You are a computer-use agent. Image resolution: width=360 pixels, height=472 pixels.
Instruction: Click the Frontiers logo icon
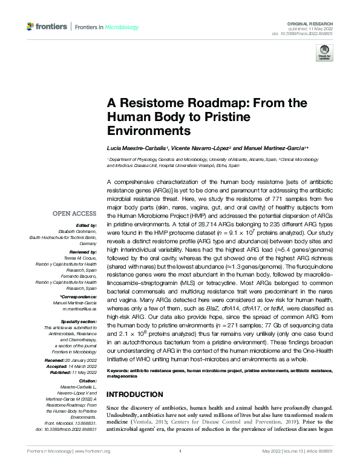click(x=31, y=27)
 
